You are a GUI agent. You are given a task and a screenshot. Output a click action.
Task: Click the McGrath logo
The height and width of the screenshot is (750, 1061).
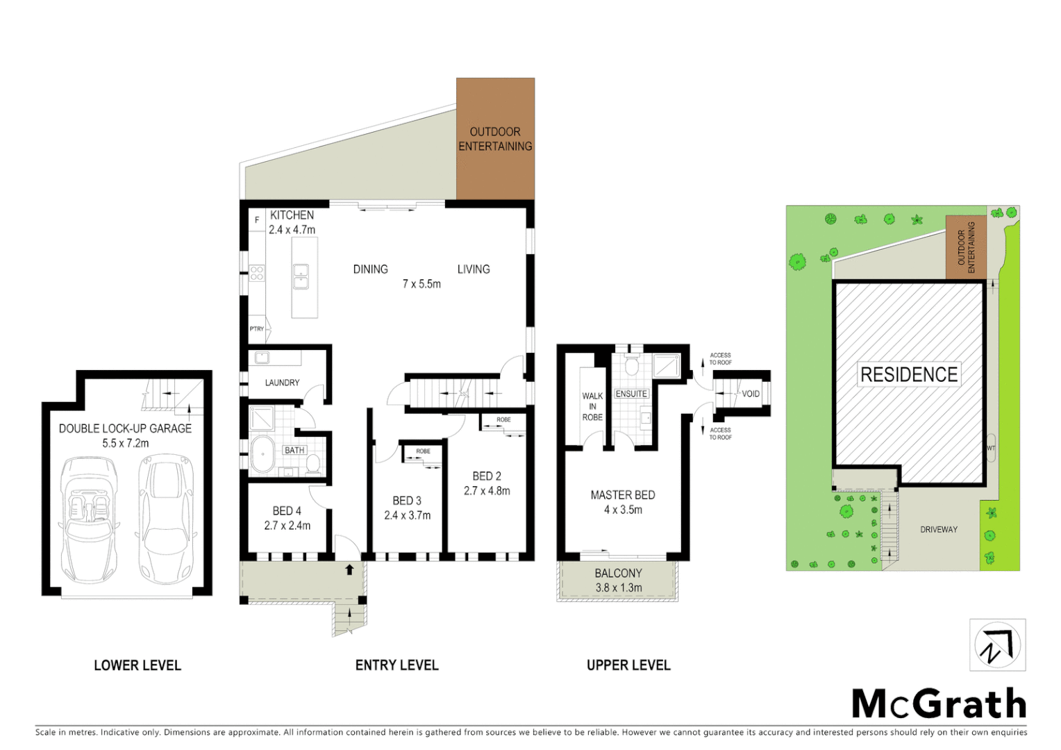(x=939, y=704)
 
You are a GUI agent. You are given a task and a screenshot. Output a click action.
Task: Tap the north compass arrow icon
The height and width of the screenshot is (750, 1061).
(x=997, y=645)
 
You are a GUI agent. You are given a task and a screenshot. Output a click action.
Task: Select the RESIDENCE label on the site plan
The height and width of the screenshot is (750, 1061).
(x=908, y=375)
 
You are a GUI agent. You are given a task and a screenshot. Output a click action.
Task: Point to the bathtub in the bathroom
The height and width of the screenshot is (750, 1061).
(x=262, y=456)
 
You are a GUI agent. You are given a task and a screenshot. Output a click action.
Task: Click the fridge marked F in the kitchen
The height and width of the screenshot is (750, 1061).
(x=257, y=220)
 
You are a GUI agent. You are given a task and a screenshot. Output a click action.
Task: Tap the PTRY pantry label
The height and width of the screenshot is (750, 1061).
(x=257, y=328)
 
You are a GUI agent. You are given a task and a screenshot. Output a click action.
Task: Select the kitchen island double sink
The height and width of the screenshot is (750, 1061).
(x=301, y=276)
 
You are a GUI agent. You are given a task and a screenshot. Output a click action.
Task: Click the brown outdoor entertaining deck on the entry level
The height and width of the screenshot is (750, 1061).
(x=495, y=139)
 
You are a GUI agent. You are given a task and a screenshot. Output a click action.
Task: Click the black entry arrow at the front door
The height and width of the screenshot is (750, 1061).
(x=349, y=569)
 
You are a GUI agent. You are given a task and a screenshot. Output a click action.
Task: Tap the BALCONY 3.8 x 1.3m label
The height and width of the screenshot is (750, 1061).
(x=618, y=580)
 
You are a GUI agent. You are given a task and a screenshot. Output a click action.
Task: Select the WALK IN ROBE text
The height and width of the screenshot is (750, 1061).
(x=592, y=406)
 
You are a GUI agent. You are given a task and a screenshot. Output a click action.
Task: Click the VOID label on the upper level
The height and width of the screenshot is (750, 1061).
(x=751, y=394)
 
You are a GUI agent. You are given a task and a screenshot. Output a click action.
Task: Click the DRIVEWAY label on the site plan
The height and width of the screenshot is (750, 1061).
(x=939, y=529)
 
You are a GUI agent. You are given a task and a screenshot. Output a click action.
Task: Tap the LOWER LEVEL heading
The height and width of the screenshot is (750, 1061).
(x=137, y=665)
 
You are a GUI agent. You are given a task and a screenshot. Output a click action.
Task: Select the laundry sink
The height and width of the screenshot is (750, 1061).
(x=262, y=358)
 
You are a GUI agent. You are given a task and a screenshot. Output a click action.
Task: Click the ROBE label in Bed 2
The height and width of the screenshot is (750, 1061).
(x=503, y=419)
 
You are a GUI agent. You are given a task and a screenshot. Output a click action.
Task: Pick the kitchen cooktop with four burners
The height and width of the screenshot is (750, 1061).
(x=257, y=272)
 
